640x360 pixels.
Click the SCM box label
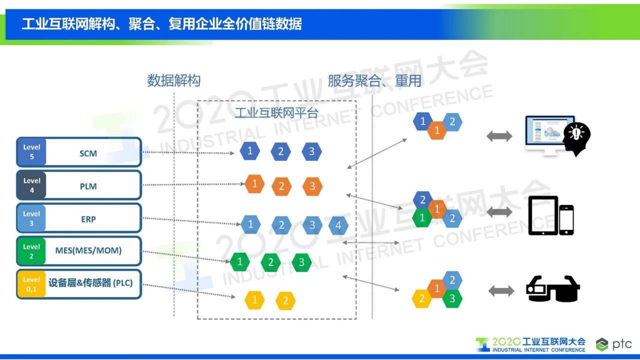[x=88, y=153]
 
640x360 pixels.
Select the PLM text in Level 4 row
[x=88, y=186]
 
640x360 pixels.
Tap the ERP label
[x=88, y=219]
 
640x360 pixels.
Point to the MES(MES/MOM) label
[x=88, y=251]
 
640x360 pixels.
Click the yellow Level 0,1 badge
[x=31, y=284]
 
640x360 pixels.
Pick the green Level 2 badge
[x=31, y=251]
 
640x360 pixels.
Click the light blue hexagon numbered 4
[x=338, y=225]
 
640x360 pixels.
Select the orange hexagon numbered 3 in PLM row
[x=312, y=186]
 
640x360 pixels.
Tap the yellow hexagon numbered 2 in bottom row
[x=285, y=301]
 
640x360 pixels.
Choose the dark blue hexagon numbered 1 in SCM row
[x=250, y=151]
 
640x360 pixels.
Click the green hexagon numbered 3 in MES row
[x=301, y=263]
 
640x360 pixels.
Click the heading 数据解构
[x=173, y=81]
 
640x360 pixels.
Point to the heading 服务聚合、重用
[x=374, y=81]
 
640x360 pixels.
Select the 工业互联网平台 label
[x=277, y=113]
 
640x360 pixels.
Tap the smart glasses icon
[x=552, y=289]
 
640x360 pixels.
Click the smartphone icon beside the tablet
[x=566, y=220]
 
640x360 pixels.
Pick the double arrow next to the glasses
[x=501, y=291]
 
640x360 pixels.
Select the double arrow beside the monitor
[x=499, y=136]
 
